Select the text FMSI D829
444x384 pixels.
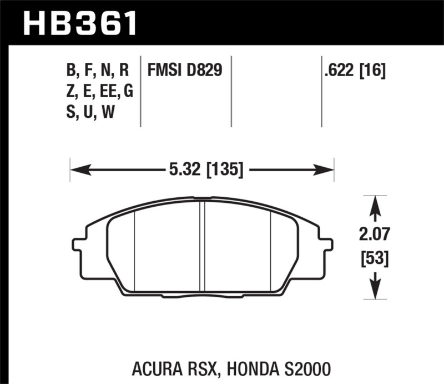point(184,71)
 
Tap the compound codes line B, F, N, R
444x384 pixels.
point(98,71)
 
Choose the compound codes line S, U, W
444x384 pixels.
point(90,113)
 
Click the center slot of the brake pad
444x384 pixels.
point(203,245)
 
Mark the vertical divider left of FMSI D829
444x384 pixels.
point(142,92)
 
